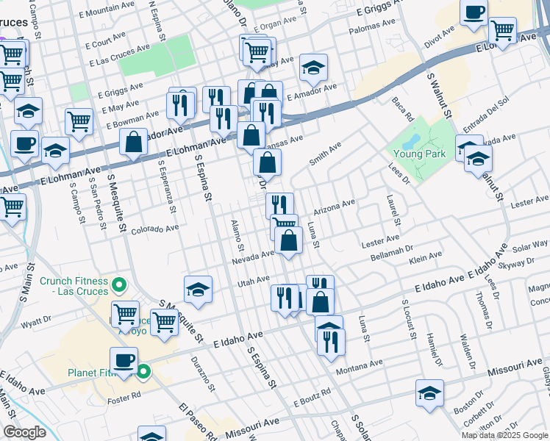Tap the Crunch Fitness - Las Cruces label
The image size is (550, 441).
tap(74, 287)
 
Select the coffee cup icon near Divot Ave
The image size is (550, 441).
tap(474, 12)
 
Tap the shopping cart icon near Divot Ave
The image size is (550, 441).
tap(502, 31)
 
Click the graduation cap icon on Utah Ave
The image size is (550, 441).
tap(198, 290)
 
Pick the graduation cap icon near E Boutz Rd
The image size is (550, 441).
tap(429, 393)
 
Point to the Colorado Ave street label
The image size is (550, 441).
tap(155, 229)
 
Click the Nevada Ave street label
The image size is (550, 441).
tap(252, 257)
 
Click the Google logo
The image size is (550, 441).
tap(24, 432)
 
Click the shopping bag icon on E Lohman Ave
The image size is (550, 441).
tap(133, 143)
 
